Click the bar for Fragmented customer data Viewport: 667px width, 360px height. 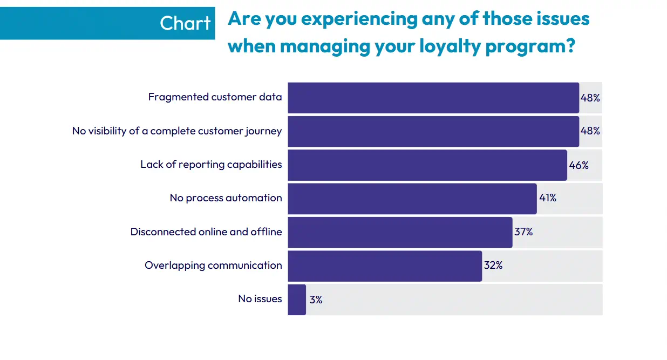pos(433,98)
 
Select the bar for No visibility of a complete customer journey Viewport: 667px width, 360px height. pos(433,131)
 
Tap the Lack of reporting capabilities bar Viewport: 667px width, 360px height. pos(427,165)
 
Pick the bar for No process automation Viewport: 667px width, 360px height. pos(412,199)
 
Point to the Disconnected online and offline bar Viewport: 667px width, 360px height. pos(399,232)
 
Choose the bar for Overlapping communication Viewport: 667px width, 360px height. pos(384,266)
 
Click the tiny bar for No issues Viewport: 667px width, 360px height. pos(297,300)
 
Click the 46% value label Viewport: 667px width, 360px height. pos(578,165)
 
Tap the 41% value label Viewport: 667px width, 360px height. pos(548,198)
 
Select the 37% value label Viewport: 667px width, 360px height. pos(523,232)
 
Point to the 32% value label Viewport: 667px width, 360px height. pos(493,266)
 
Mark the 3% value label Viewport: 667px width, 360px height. pos(316,300)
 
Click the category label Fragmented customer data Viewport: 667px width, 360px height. pos(215,97)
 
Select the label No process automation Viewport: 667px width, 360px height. pos(226,198)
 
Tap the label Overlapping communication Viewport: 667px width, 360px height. pos(213,266)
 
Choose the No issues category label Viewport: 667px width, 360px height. pos(260,299)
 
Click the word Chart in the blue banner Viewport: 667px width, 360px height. pos(185,23)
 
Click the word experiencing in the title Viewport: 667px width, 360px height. pos(359,19)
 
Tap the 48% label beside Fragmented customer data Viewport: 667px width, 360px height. pos(590,98)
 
